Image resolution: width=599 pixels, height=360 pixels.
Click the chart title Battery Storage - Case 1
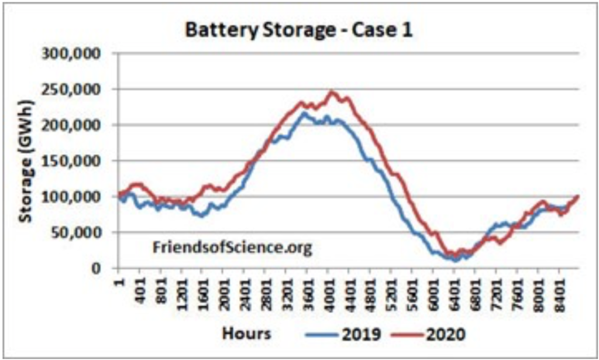(x=299, y=30)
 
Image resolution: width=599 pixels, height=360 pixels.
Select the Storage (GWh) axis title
(x=26, y=161)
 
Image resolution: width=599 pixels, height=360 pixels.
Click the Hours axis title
(x=246, y=334)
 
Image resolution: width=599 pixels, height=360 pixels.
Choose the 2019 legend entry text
(x=362, y=334)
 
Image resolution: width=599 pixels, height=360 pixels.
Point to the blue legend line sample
(x=321, y=335)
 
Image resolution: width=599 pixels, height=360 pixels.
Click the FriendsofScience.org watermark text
(x=232, y=248)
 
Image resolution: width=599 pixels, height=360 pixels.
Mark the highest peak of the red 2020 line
(x=332, y=91)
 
